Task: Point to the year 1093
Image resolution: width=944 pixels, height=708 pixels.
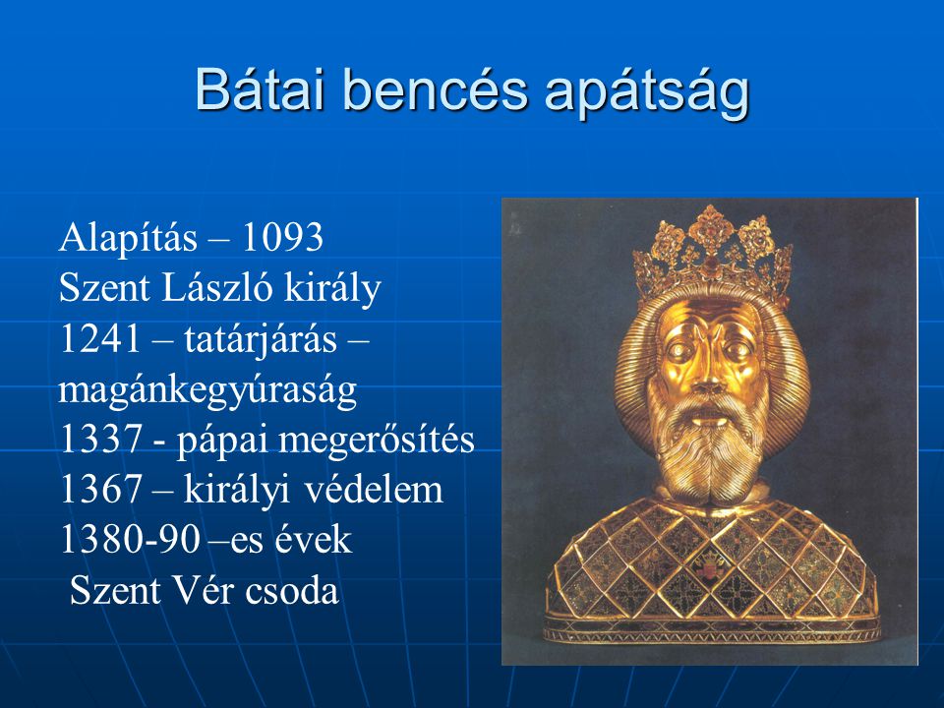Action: click(x=282, y=237)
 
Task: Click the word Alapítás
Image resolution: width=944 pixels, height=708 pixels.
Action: click(x=128, y=239)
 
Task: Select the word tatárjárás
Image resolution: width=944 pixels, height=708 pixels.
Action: click(x=261, y=341)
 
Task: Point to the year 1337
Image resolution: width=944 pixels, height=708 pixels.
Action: click(x=100, y=440)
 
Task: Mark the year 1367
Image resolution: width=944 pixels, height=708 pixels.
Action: click(x=100, y=490)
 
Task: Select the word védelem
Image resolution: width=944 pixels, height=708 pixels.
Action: click(x=374, y=489)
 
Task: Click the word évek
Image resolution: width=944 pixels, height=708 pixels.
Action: click(x=313, y=539)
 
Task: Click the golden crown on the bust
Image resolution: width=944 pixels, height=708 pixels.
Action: click(x=712, y=254)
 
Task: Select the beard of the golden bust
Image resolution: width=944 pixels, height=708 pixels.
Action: click(x=709, y=449)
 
